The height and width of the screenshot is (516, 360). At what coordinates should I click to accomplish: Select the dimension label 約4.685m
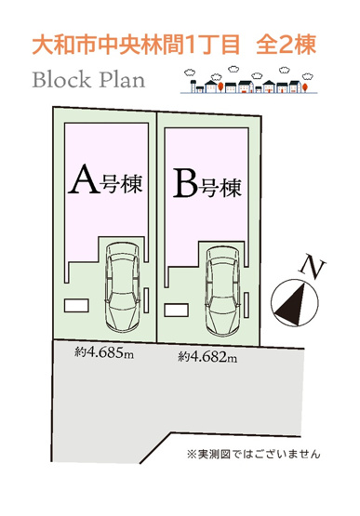pyautogui.click(x=106, y=352)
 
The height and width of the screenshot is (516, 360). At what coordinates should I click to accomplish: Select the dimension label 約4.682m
pyautogui.click(x=207, y=356)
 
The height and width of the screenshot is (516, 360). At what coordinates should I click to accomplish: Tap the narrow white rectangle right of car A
pyautogui.click(x=149, y=299)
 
